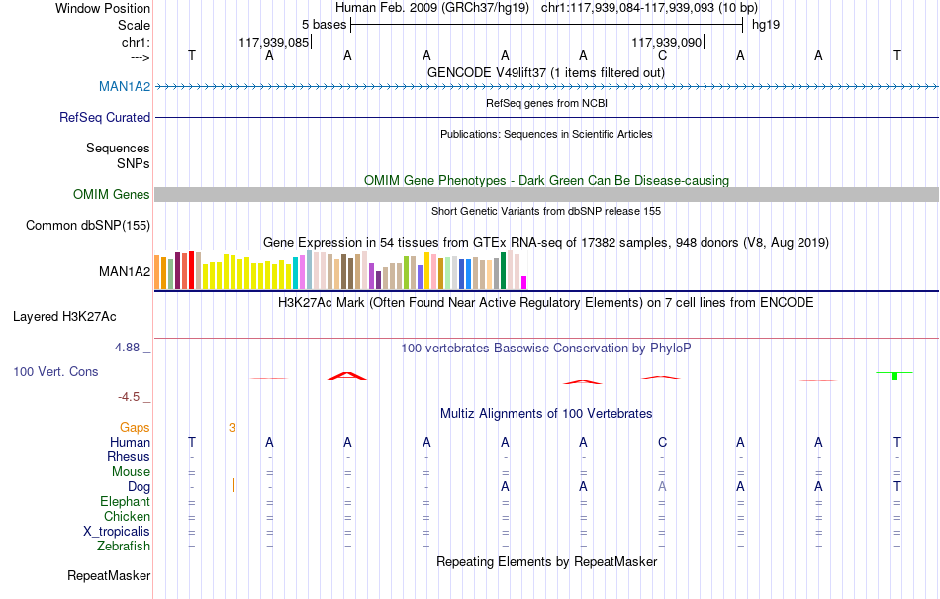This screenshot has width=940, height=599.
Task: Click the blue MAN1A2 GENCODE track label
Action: tap(125, 87)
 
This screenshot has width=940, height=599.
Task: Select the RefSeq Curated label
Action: tap(105, 118)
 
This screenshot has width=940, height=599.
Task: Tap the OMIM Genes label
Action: tap(112, 195)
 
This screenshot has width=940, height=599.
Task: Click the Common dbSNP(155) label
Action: tap(88, 226)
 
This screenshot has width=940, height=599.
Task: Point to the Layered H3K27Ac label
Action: tap(64, 317)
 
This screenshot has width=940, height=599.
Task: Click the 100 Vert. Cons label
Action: tap(55, 371)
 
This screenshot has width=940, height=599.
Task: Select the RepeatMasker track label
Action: tap(109, 575)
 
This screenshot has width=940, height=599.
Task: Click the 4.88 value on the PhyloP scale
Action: tap(127, 348)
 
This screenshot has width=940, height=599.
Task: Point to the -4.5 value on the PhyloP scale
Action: tap(129, 396)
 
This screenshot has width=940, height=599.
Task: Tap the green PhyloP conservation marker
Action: tap(894, 375)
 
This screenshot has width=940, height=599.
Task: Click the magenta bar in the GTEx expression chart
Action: tap(524, 283)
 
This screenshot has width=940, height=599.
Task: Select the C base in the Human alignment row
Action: tap(662, 442)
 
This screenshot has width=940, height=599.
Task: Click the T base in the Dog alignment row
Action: tap(897, 486)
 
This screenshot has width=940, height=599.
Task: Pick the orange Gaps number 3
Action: tap(232, 428)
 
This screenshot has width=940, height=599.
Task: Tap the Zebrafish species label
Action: tap(124, 547)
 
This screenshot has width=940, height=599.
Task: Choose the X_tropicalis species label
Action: tap(117, 532)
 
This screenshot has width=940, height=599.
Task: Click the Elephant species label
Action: tap(126, 501)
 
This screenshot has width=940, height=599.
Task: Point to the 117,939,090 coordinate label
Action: tap(666, 42)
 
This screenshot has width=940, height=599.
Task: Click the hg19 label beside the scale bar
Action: tap(766, 25)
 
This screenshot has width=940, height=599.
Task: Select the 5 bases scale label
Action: tap(324, 25)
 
